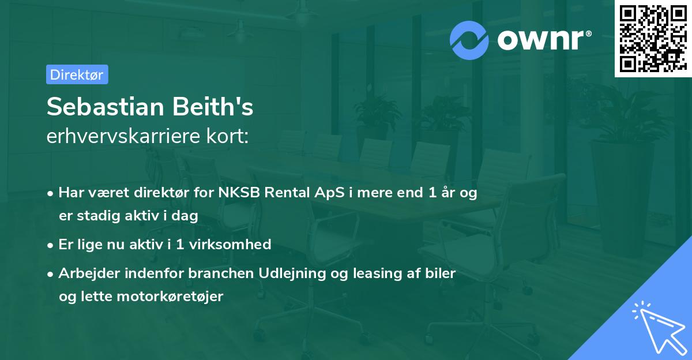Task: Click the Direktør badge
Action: click(77, 74)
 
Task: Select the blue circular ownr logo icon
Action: click(469, 40)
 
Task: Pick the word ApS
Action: click(328, 193)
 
